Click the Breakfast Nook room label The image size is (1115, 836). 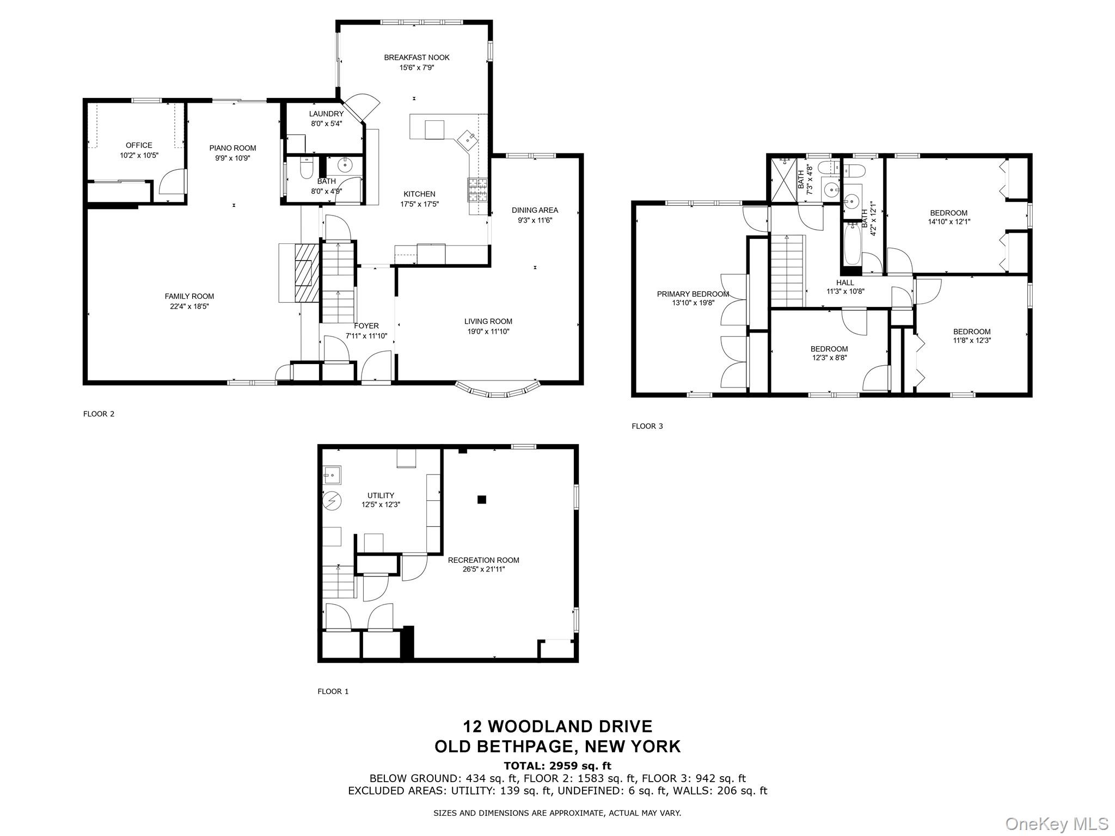coord(416,57)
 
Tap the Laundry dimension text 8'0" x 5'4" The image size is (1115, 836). coord(327,124)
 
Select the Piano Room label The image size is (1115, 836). coord(232,148)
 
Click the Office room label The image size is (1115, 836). coord(139,145)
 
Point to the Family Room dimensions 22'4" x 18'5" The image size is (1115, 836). coord(189,306)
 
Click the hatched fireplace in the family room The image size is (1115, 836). coord(307,272)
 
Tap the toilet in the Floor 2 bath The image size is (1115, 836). coord(307,169)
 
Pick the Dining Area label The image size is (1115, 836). coord(535,210)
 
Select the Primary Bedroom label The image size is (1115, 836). coord(693,294)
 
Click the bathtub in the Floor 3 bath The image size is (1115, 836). coord(852,245)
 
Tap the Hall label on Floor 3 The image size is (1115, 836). coord(846,282)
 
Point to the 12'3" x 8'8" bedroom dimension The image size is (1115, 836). coord(829,358)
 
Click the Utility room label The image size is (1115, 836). coord(381,495)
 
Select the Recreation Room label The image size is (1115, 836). coord(483,560)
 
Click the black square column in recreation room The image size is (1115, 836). coord(481,499)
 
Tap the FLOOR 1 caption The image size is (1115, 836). coord(333,691)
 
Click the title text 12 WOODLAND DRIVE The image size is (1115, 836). coord(557,726)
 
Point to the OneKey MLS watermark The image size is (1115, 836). coord(1056,823)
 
